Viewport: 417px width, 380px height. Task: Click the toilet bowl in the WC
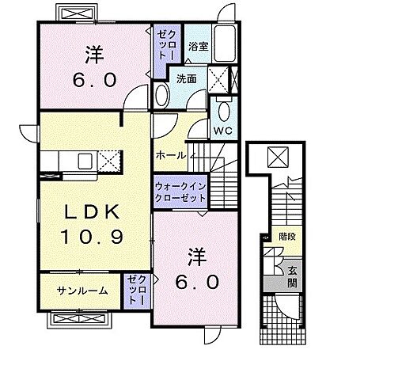pyautogui.click(x=223, y=110)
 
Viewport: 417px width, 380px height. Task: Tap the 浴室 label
pyautogui.click(x=198, y=47)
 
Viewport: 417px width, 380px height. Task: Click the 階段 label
pyautogui.click(x=286, y=236)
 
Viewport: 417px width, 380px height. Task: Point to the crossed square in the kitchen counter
pyautogui.click(x=108, y=161)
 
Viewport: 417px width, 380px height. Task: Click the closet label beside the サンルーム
pyautogui.click(x=135, y=291)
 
